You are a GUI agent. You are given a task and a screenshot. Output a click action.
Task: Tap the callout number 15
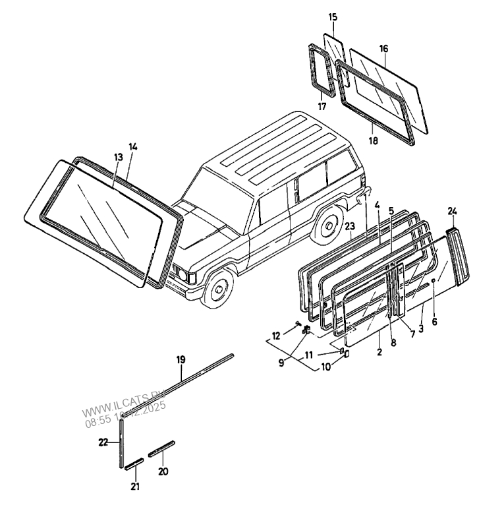332,16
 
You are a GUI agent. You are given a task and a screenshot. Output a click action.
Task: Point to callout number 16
383,48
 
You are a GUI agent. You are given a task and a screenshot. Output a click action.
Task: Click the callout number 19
181,359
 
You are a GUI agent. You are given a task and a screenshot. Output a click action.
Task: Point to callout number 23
350,225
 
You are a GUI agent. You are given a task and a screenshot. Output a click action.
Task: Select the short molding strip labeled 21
134,463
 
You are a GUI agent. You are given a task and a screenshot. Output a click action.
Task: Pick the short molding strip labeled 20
161,450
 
